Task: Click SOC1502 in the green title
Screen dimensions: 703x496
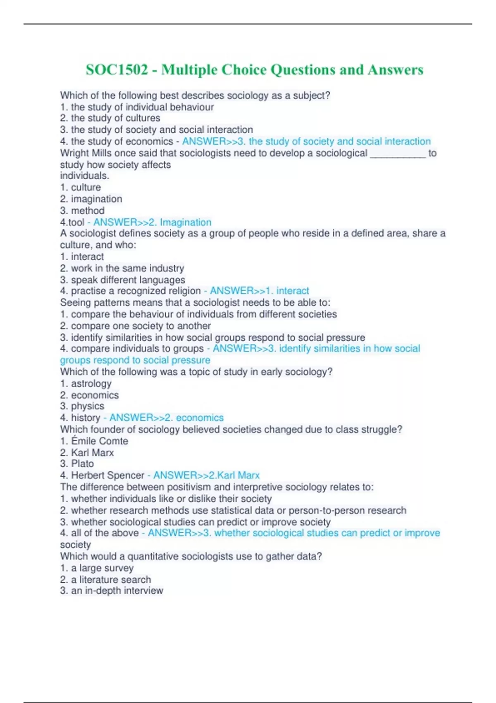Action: coord(117,70)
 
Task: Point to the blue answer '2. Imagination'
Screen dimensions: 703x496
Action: coord(185,222)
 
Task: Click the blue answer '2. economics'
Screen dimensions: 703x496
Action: coord(194,418)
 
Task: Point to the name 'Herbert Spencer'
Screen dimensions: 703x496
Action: coord(107,475)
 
